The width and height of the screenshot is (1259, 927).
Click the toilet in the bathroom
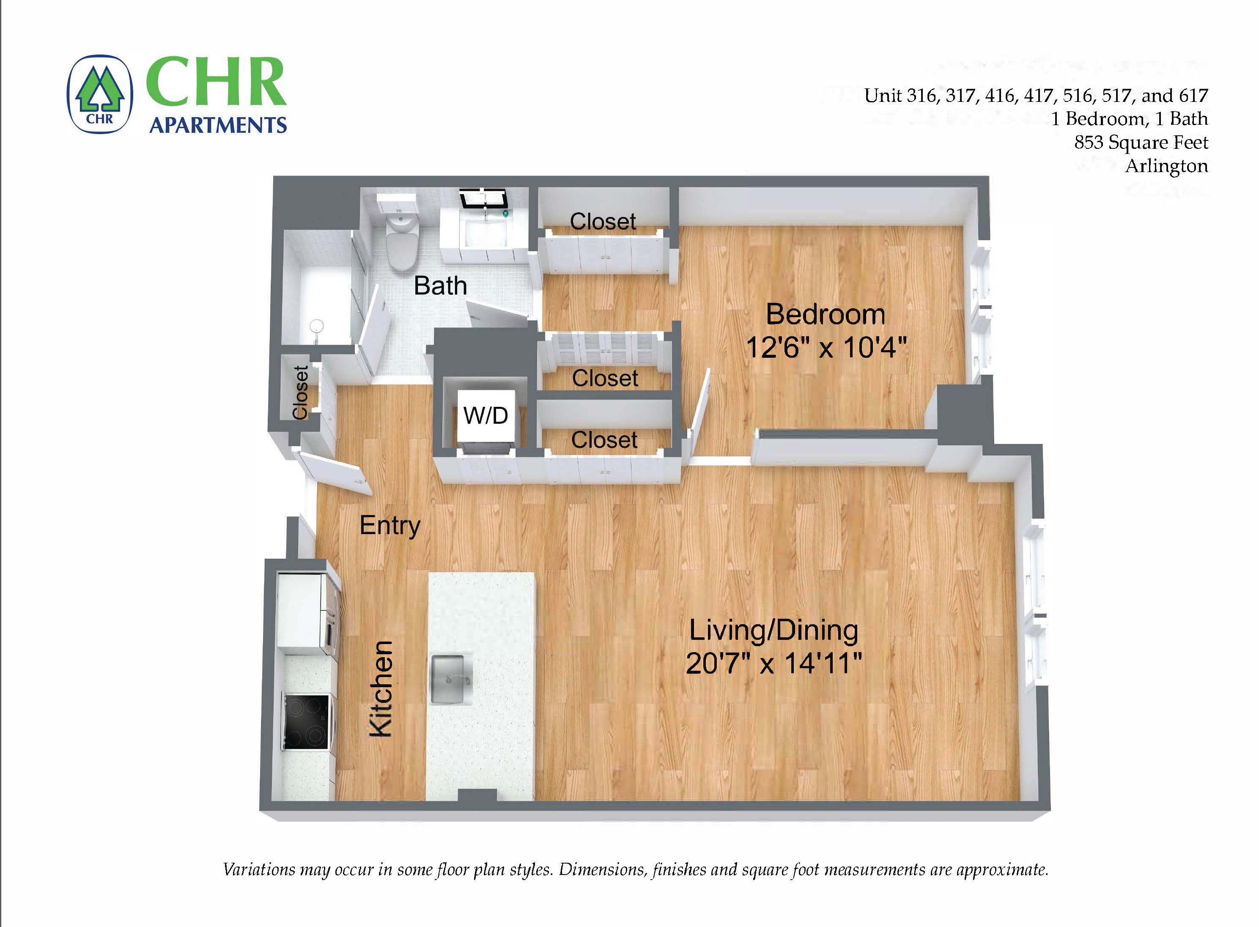pyautogui.click(x=402, y=241)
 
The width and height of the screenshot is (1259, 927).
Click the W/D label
pyautogui.click(x=486, y=416)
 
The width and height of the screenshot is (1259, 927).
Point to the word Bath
pyautogui.click(x=440, y=286)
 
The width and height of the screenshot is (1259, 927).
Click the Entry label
pyautogui.click(x=390, y=526)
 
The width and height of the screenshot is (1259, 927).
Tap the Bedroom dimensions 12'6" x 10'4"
pyautogui.click(x=826, y=347)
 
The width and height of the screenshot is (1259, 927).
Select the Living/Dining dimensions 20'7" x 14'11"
pyautogui.click(x=773, y=664)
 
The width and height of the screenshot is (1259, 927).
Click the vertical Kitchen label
pyautogui.click(x=381, y=688)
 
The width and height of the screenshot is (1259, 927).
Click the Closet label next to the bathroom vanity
pyautogui.click(x=603, y=222)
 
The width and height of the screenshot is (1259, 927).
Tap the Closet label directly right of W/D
pyautogui.click(x=604, y=440)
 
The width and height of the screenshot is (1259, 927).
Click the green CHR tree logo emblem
pyautogui.click(x=100, y=94)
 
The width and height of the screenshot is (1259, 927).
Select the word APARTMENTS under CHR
pyautogui.click(x=218, y=125)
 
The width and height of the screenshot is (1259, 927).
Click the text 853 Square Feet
pyautogui.click(x=1141, y=143)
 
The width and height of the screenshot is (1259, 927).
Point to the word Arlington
pyautogui.click(x=1166, y=166)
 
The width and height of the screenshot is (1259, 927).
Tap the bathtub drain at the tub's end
pyautogui.click(x=317, y=326)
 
